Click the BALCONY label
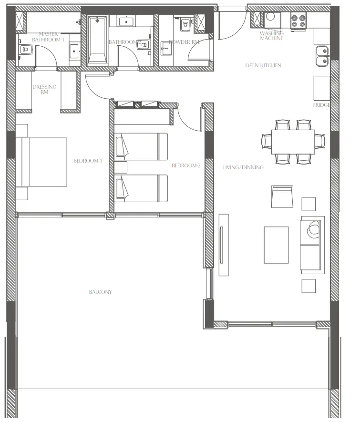(100, 292)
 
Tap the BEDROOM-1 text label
(88, 161)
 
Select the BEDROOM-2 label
(185, 165)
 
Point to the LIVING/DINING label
(243, 167)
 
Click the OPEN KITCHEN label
(263, 65)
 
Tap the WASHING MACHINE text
(272, 36)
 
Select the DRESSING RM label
(44, 89)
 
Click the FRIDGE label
(320, 104)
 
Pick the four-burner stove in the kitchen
(298, 21)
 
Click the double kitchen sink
(323, 55)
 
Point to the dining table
(293, 142)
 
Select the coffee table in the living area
(276, 244)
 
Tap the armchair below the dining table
(281, 195)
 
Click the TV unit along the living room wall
(223, 245)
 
